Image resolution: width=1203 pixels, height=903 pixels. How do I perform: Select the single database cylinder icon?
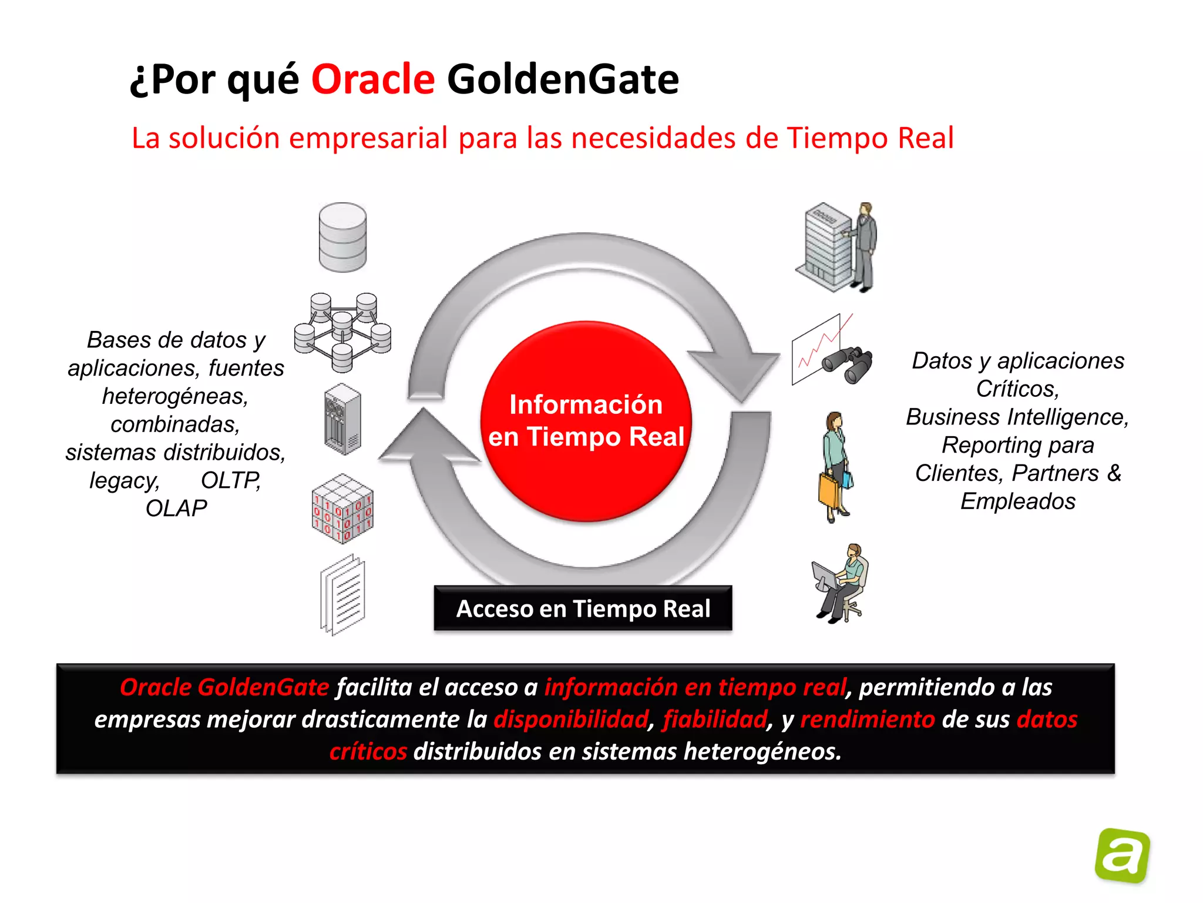pyautogui.click(x=342, y=237)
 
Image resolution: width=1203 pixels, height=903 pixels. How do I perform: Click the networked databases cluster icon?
pyautogui.click(x=342, y=333)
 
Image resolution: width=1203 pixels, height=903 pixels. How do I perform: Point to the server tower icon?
pyautogui.click(x=342, y=419)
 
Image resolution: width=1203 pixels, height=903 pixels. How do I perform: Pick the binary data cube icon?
pyautogui.click(x=342, y=509)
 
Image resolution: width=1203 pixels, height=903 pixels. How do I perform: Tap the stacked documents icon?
pyautogui.click(x=343, y=596)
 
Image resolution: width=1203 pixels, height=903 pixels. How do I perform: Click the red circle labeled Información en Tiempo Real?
pyautogui.click(x=586, y=421)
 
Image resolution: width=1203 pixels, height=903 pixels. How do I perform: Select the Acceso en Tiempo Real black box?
pyautogui.click(x=583, y=608)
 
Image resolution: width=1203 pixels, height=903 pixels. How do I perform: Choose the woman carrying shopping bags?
pyautogui.click(x=835, y=467)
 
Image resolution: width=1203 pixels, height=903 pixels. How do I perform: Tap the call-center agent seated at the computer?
pyautogui.click(x=841, y=583)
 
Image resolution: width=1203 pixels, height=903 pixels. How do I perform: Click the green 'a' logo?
pyautogui.click(x=1122, y=855)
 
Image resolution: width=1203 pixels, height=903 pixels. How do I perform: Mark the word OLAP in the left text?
pyautogui.click(x=176, y=509)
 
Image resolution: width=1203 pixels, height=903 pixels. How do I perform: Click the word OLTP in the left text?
pyautogui.click(x=231, y=480)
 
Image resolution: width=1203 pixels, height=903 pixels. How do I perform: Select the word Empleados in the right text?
pyautogui.click(x=1017, y=501)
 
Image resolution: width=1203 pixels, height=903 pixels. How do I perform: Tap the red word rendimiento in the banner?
pyautogui.click(x=867, y=719)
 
